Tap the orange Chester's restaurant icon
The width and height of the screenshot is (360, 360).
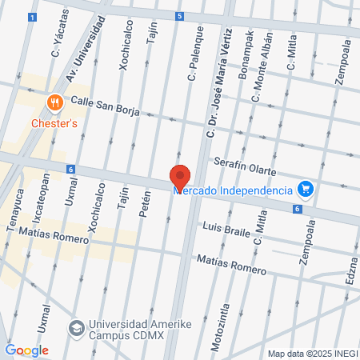[54, 102]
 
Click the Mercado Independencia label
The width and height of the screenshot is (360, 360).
[242, 190]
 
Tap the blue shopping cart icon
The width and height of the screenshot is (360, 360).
[304, 190]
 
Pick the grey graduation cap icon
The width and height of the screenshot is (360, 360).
[76, 328]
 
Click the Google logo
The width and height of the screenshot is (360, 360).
[26, 350]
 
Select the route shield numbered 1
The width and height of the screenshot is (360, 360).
[31, 17]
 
